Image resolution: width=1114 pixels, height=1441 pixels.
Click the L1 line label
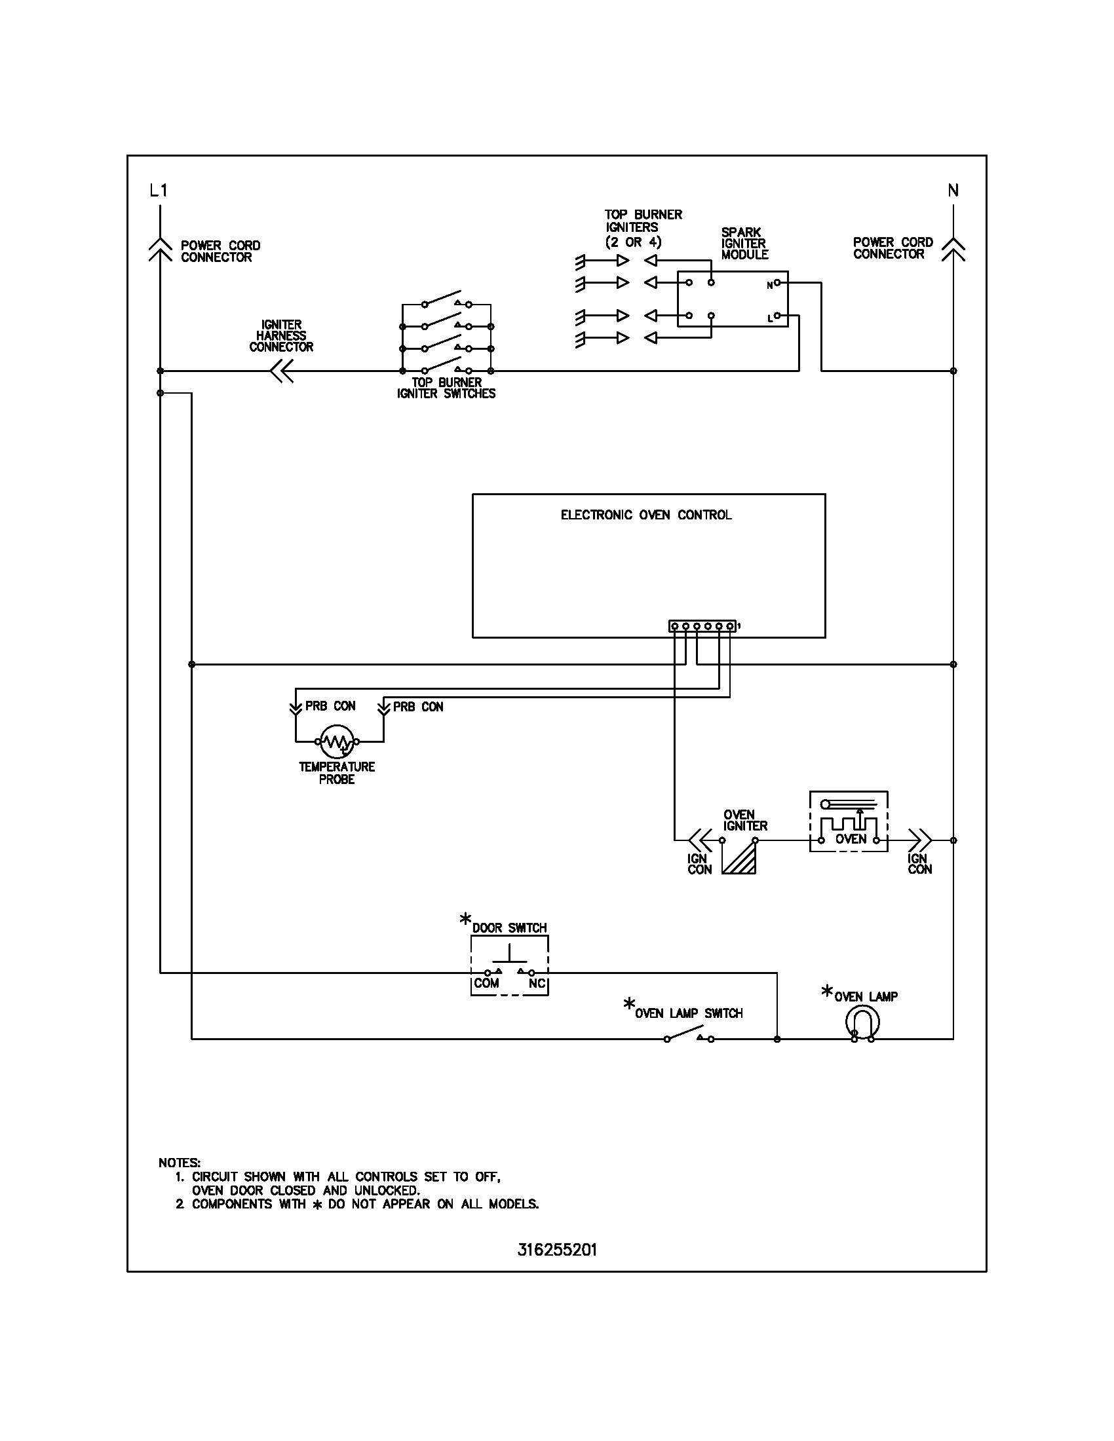pyautogui.click(x=159, y=191)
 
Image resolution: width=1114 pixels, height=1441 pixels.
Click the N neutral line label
pyautogui.click(x=953, y=191)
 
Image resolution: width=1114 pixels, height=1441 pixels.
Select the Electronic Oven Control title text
pyautogui.click(x=646, y=515)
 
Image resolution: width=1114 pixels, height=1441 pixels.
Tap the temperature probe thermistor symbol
pyautogui.click(x=337, y=742)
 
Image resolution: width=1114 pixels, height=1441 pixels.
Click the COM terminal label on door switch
pyautogui.click(x=486, y=983)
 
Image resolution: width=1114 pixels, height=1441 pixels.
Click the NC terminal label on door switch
pyautogui.click(x=537, y=983)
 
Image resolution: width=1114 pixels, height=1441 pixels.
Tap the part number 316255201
pyautogui.click(x=557, y=1250)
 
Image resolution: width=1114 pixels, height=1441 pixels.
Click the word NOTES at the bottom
pyautogui.click(x=180, y=1162)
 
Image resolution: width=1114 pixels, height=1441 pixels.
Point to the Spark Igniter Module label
pyautogui.click(x=744, y=244)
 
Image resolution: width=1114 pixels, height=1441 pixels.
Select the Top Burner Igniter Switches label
pyautogui.click(x=446, y=388)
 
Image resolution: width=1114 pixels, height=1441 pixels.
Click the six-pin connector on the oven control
pyautogui.click(x=702, y=626)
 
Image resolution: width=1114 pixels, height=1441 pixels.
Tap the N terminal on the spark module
pyautogui.click(x=777, y=283)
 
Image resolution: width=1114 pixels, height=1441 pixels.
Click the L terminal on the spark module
pyautogui.click(x=777, y=316)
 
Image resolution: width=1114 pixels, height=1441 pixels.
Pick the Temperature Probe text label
pyautogui.click(x=337, y=773)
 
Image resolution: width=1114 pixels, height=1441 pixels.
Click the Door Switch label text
pyautogui.click(x=509, y=927)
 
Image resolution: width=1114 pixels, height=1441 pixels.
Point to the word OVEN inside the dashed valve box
pyautogui.click(x=851, y=839)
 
